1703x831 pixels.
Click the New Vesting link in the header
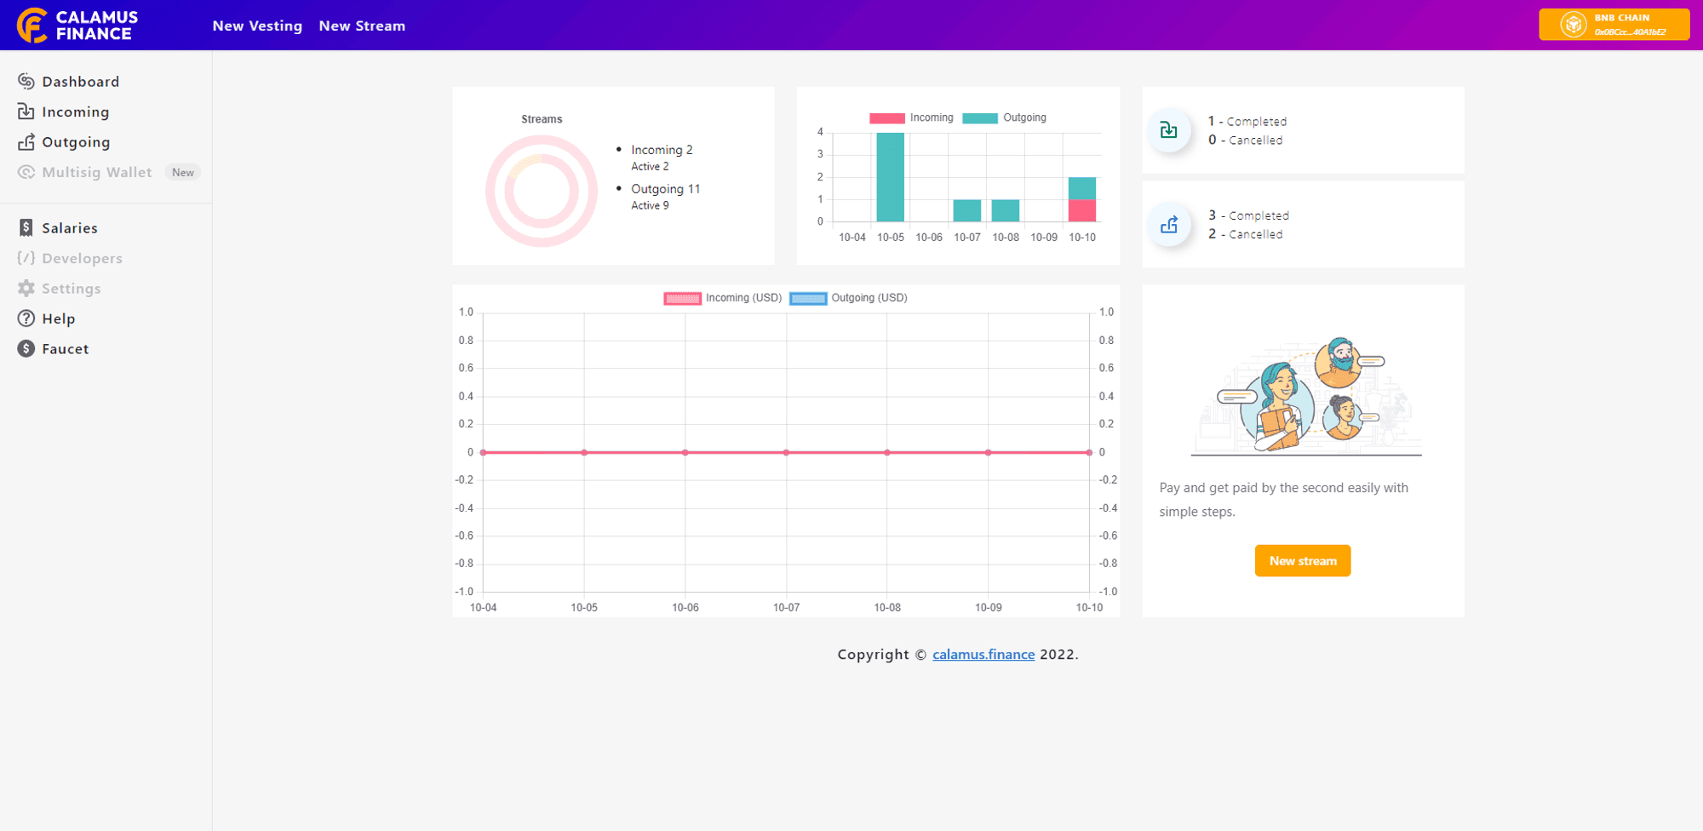pyautogui.click(x=257, y=26)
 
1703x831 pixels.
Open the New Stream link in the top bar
pyautogui.click(x=362, y=26)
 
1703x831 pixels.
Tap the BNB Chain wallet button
pyautogui.click(x=1614, y=25)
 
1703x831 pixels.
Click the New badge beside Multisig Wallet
pyautogui.click(x=183, y=172)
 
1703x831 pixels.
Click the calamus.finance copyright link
pyautogui.click(x=983, y=654)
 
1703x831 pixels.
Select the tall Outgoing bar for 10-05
pyautogui.click(x=891, y=177)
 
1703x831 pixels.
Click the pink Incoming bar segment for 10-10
pyautogui.click(x=1082, y=210)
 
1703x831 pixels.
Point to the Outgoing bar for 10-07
pyautogui.click(x=967, y=210)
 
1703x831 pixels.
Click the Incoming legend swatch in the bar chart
pyautogui.click(x=886, y=118)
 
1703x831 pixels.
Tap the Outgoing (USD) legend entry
pyautogui.click(x=849, y=298)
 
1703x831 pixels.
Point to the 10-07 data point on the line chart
pyautogui.click(x=786, y=452)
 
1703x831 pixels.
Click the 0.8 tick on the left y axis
pyautogui.click(x=466, y=341)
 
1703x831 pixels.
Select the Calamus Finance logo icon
pyautogui.click(x=32, y=26)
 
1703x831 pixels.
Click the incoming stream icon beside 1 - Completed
pyautogui.click(x=1169, y=130)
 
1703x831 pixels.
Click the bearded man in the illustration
pyautogui.click(x=1339, y=362)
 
